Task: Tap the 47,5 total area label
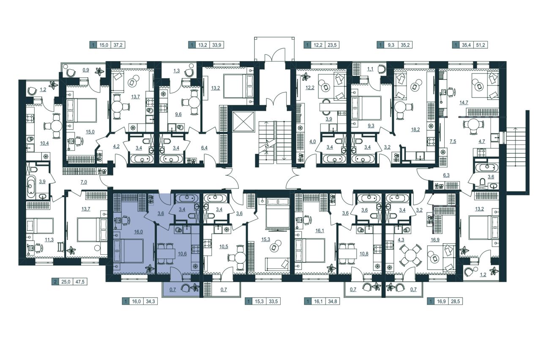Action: (80, 282)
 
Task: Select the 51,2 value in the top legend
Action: (481, 45)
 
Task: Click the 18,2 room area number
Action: (415, 130)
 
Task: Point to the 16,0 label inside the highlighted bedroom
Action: (138, 232)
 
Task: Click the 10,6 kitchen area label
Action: (182, 254)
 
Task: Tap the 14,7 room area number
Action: (464, 103)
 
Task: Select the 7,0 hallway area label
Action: (84, 182)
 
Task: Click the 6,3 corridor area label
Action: (446, 175)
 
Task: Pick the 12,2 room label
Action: (310, 88)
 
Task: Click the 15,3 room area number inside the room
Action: (265, 240)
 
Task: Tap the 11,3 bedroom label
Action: (49, 240)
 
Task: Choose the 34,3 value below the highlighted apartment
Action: (150, 301)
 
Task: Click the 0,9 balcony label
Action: (86, 70)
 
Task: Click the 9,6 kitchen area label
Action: (178, 115)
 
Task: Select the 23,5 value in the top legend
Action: (332, 45)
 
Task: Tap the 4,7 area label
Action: (482, 142)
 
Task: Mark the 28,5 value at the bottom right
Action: (455, 301)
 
